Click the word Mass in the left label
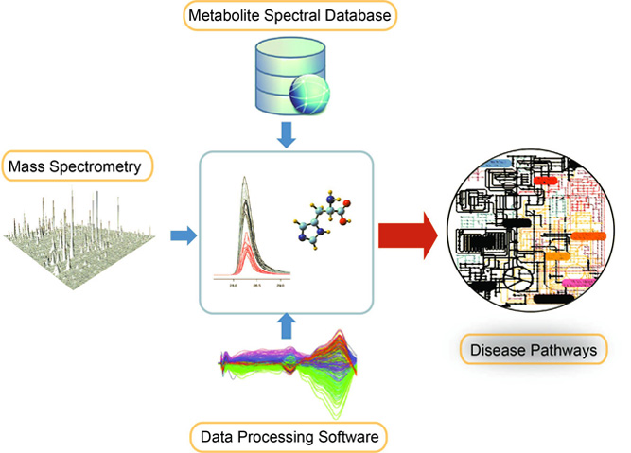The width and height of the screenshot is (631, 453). [27, 167]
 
